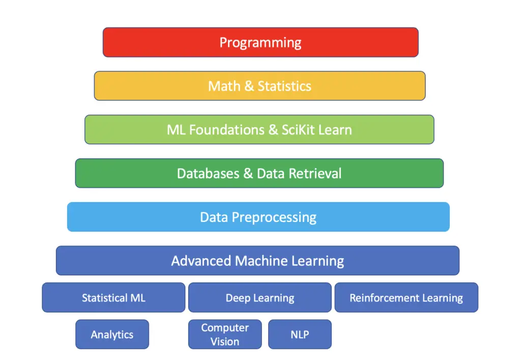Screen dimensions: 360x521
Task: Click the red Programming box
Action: [x=260, y=42]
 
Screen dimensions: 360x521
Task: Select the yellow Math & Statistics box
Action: [x=259, y=86]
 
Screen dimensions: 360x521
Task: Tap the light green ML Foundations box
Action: [x=259, y=129]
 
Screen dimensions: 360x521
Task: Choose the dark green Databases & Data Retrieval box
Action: [x=259, y=173]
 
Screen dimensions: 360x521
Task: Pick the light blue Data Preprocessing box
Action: [x=258, y=217]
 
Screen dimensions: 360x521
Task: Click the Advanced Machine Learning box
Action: [x=257, y=261]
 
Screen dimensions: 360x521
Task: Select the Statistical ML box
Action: [x=113, y=297]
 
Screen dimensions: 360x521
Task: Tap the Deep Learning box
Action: [x=259, y=297]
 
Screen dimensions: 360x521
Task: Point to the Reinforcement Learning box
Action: [x=406, y=297]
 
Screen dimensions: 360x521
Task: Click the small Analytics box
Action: [x=112, y=335]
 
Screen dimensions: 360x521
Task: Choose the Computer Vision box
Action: [x=225, y=335]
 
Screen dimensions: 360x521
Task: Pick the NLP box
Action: [x=300, y=335]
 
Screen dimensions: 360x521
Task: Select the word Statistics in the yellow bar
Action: [x=284, y=86]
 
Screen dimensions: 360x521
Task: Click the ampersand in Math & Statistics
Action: [x=249, y=86]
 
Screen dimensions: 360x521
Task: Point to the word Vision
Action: [x=225, y=341]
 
